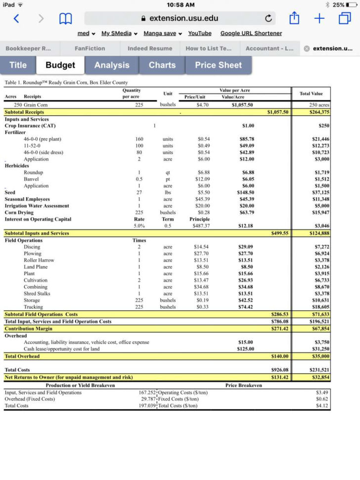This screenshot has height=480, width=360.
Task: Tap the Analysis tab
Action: pos(112,65)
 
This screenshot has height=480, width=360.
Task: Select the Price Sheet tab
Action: pos(218,65)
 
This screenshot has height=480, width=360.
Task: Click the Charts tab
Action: pos(162,65)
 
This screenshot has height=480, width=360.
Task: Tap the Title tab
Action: pos(18,65)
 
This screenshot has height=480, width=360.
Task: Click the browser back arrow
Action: pos(16,19)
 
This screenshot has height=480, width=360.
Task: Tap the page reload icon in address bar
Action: pos(268,19)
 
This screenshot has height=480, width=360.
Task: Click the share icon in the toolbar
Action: pos(294,19)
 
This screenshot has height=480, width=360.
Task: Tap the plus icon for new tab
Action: pos(319,19)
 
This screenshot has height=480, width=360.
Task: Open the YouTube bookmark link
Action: pos(199,33)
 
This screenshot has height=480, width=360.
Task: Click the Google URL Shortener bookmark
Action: pos(251,33)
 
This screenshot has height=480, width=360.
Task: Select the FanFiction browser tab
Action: pos(90,48)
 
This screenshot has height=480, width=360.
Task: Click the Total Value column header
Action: pos(311,94)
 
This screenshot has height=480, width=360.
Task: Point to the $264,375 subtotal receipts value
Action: pos(319,112)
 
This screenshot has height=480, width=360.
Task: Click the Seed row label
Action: pos(10,192)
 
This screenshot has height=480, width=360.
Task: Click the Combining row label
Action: pos(36,287)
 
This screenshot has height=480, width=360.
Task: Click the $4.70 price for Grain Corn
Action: pos(202,105)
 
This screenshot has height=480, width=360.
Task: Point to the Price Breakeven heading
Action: pos(244,385)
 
